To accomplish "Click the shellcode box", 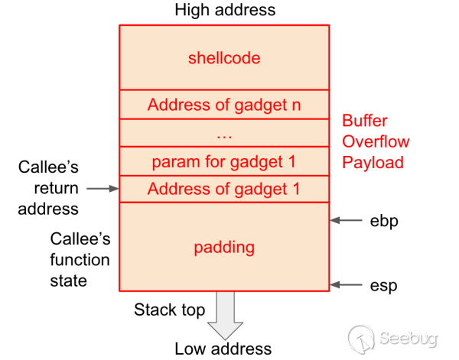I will point(224,58).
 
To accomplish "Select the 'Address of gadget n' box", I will point(224,105).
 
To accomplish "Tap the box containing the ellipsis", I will point(224,134).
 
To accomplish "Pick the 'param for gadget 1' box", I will point(224,162).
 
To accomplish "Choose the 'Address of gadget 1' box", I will point(224,189).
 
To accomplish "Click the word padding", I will point(224,248).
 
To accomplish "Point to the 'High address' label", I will point(225,11).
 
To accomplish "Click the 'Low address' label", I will point(223,349).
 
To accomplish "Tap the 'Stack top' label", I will point(169,310).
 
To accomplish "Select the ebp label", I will point(383,221).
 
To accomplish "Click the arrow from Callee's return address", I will point(102,188).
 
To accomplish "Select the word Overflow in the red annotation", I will point(376,141).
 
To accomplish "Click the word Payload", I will point(373,162).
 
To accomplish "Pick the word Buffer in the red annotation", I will point(365,121).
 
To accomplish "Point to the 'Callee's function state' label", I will point(80,260).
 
